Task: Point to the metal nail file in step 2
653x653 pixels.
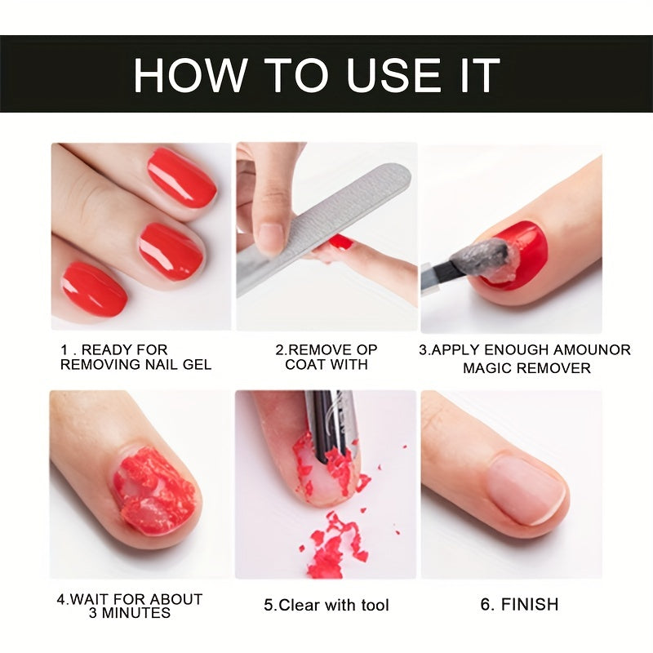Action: (x=326, y=229)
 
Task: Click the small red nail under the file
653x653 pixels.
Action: (x=341, y=242)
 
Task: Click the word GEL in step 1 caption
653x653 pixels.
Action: (x=197, y=365)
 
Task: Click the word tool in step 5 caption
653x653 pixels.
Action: (x=371, y=605)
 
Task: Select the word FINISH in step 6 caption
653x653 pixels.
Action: (x=530, y=604)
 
